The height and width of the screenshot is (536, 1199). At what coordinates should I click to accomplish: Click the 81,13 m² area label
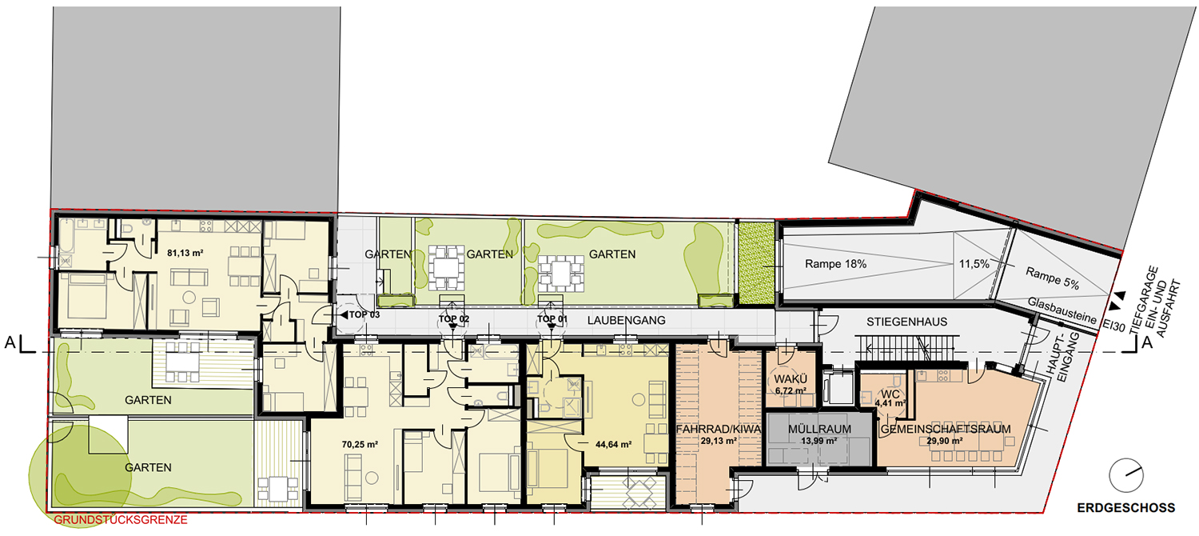(185, 253)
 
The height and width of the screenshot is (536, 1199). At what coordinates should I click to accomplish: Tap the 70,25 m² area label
(360, 445)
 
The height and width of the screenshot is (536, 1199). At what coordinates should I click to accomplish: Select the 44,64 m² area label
(613, 445)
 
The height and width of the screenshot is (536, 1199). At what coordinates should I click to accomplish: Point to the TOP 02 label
(454, 319)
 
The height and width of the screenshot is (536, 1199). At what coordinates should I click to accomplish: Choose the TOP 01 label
(552, 319)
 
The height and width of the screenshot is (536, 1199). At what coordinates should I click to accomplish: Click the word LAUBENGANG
(626, 320)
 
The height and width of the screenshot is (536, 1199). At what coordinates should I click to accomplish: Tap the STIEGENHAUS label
(906, 322)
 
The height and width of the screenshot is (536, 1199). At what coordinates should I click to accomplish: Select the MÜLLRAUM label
(819, 430)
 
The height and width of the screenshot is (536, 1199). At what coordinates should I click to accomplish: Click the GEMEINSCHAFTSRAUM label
(946, 430)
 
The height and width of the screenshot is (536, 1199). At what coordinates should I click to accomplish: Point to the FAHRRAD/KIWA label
(719, 430)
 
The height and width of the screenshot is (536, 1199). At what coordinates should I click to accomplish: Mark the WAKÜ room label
(791, 380)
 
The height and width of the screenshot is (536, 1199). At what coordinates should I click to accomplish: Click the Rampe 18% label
(835, 264)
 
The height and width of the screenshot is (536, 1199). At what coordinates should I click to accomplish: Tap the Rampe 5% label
(1053, 278)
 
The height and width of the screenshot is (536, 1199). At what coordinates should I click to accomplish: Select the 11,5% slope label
(974, 264)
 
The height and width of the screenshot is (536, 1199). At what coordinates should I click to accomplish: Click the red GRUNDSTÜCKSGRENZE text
(121, 520)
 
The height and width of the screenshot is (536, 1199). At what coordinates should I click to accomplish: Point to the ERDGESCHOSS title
(1126, 508)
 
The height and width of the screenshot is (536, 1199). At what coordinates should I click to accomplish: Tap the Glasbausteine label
(1062, 310)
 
